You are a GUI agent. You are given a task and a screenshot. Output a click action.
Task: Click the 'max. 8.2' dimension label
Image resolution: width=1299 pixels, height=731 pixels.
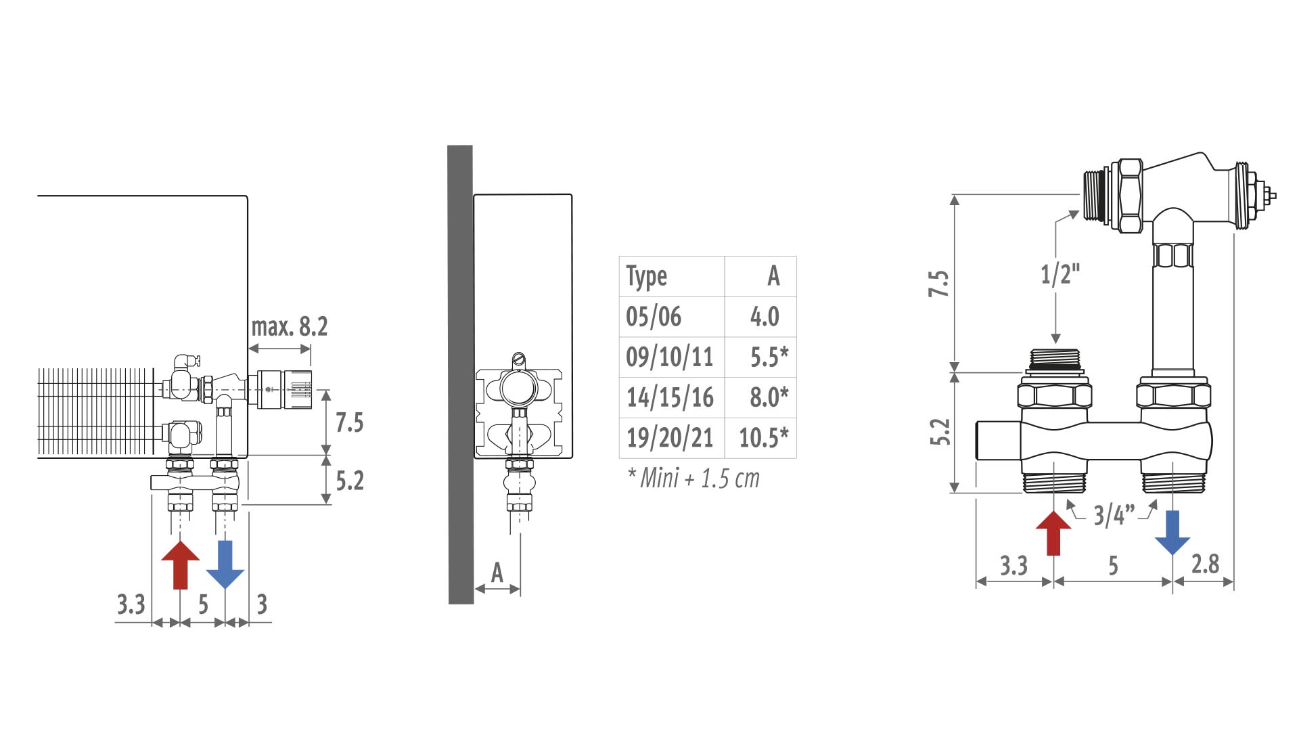point(290,327)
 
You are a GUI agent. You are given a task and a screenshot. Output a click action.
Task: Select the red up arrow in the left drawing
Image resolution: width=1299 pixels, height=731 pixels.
point(181,564)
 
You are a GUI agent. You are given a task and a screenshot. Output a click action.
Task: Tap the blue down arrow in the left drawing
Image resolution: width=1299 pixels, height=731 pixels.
point(225,564)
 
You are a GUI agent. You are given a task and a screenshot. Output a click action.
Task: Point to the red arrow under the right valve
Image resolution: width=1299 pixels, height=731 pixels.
point(1053,533)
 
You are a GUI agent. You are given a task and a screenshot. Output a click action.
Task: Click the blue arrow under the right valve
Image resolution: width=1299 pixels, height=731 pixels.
point(1172,533)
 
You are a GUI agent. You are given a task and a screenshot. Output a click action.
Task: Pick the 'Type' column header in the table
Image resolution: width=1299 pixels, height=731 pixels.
point(647,277)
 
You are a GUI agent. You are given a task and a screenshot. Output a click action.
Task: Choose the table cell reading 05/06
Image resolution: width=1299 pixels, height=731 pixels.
point(654,317)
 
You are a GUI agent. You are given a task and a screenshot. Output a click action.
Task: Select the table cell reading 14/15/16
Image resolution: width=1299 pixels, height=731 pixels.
point(670,397)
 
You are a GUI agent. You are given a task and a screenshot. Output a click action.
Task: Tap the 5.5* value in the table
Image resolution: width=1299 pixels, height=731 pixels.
point(769,357)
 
